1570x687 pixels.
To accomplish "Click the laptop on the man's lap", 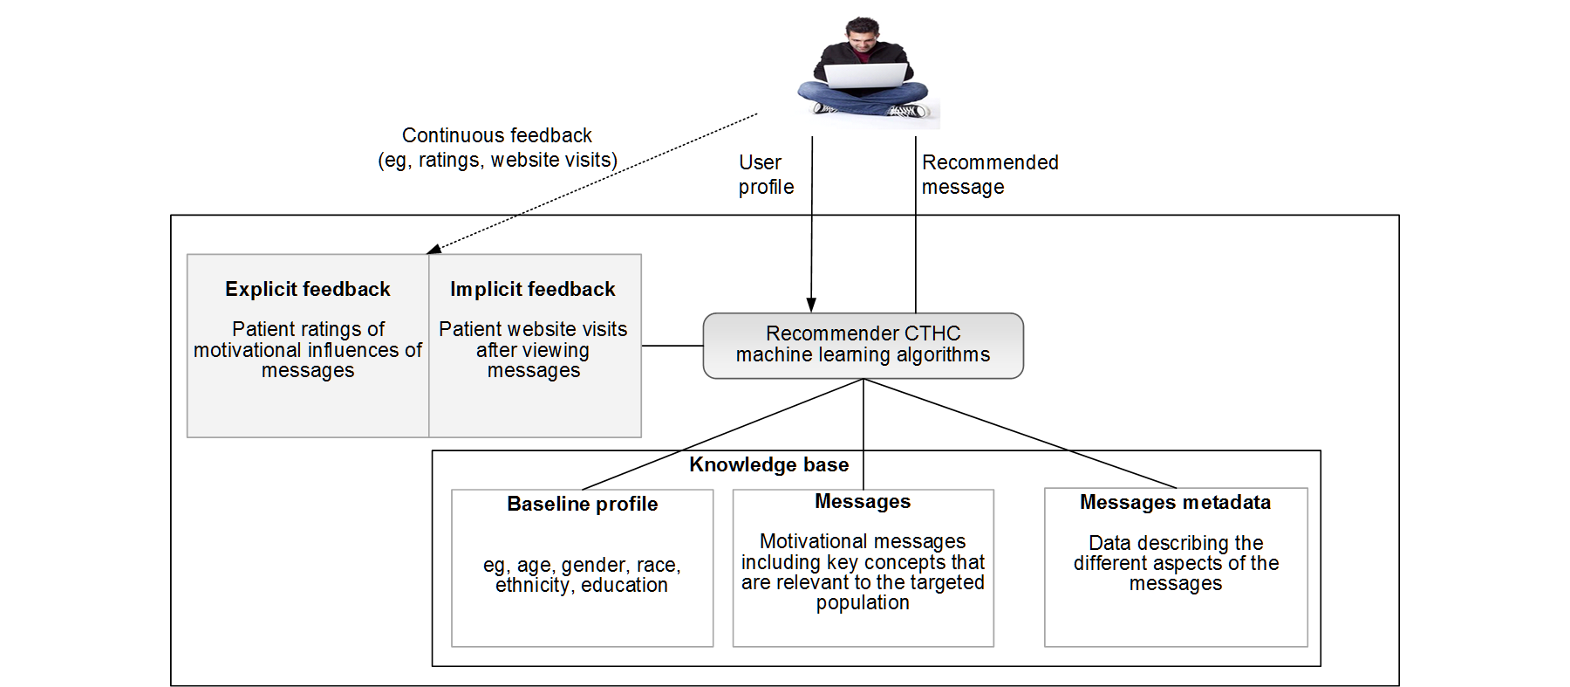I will [865, 76].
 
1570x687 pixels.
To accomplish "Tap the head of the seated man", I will [863, 34].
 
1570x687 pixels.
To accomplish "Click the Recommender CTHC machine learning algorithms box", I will [863, 345].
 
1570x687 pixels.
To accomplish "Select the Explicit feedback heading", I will [307, 289].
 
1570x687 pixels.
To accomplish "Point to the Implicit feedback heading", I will [532, 289].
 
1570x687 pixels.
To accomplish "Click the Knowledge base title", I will [768, 464].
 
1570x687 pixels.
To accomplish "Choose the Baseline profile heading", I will [582, 504].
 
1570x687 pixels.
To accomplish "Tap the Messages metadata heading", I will [1175, 502].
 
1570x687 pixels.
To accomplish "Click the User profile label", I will [765, 175].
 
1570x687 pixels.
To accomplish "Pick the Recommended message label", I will [989, 175].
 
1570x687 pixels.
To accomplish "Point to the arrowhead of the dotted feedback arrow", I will [433, 250].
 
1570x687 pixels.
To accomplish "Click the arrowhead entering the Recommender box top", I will [811, 305].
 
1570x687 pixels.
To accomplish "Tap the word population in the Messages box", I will [863, 602].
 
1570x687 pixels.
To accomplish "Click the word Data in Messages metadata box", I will [1109, 543].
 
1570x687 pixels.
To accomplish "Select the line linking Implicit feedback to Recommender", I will [672, 346].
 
